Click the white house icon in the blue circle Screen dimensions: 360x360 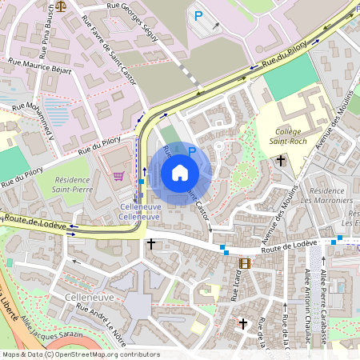[x=180, y=173]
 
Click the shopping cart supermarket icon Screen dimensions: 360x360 [x=119, y=176]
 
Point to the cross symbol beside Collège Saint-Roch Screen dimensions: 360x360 [x=281, y=161]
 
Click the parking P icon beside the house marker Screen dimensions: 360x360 [x=191, y=150]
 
